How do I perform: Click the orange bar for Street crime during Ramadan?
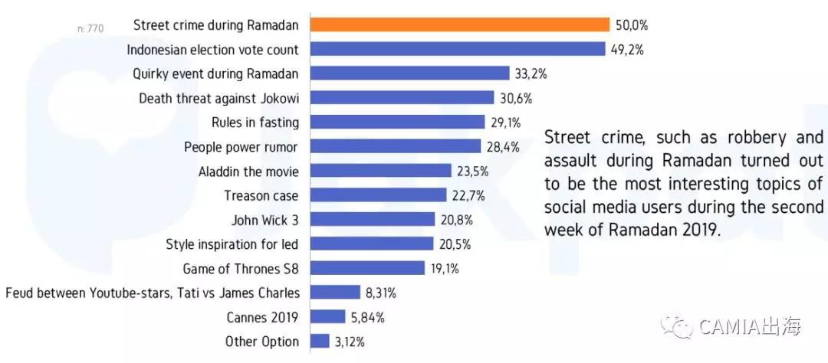(459, 25)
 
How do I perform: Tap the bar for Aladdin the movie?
(380, 171)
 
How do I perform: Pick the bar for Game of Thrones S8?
(367, 268)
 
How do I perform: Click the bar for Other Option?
(320, 341)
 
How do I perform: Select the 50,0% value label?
(631, 25)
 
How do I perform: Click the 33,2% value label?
(530, 74)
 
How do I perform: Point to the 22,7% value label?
(467, 195)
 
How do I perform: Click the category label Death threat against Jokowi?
(219, 98)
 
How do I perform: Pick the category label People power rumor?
(241, 146)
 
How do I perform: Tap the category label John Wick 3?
(264, 220)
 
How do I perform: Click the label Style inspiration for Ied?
(232, 244)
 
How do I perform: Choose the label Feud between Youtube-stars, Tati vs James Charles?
(152, 293)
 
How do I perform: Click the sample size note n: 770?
(90, 29)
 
